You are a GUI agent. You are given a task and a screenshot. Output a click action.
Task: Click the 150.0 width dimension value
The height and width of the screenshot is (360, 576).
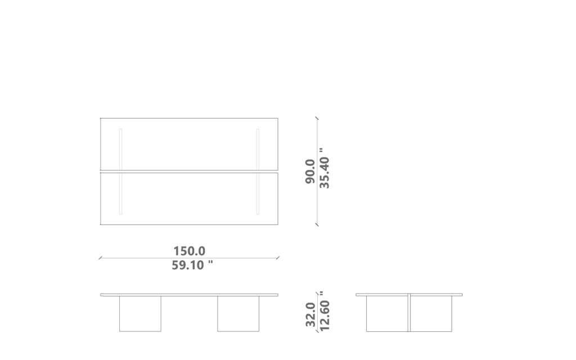click(x=189, y=251)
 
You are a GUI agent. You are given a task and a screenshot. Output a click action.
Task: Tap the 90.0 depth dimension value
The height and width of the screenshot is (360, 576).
click(x=310, y=171)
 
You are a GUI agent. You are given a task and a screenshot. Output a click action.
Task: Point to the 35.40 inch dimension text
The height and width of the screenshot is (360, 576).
click(x=324, y=168)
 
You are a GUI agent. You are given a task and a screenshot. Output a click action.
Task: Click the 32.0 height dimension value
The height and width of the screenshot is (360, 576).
click(x=310, y=314)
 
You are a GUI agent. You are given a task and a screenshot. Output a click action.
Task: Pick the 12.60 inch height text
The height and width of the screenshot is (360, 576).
click(x=325, y=311)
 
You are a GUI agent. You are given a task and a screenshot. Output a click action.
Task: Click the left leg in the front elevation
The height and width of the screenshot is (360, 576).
click(x=140, y=314)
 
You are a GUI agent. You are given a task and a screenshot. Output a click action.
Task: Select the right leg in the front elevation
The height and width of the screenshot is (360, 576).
click(x=238, y=314)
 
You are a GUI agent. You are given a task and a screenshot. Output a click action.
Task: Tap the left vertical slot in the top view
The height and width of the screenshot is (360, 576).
click(x=120, y=171)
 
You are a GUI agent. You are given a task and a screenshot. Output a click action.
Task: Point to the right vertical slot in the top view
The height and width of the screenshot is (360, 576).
click(x=258, y=171)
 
